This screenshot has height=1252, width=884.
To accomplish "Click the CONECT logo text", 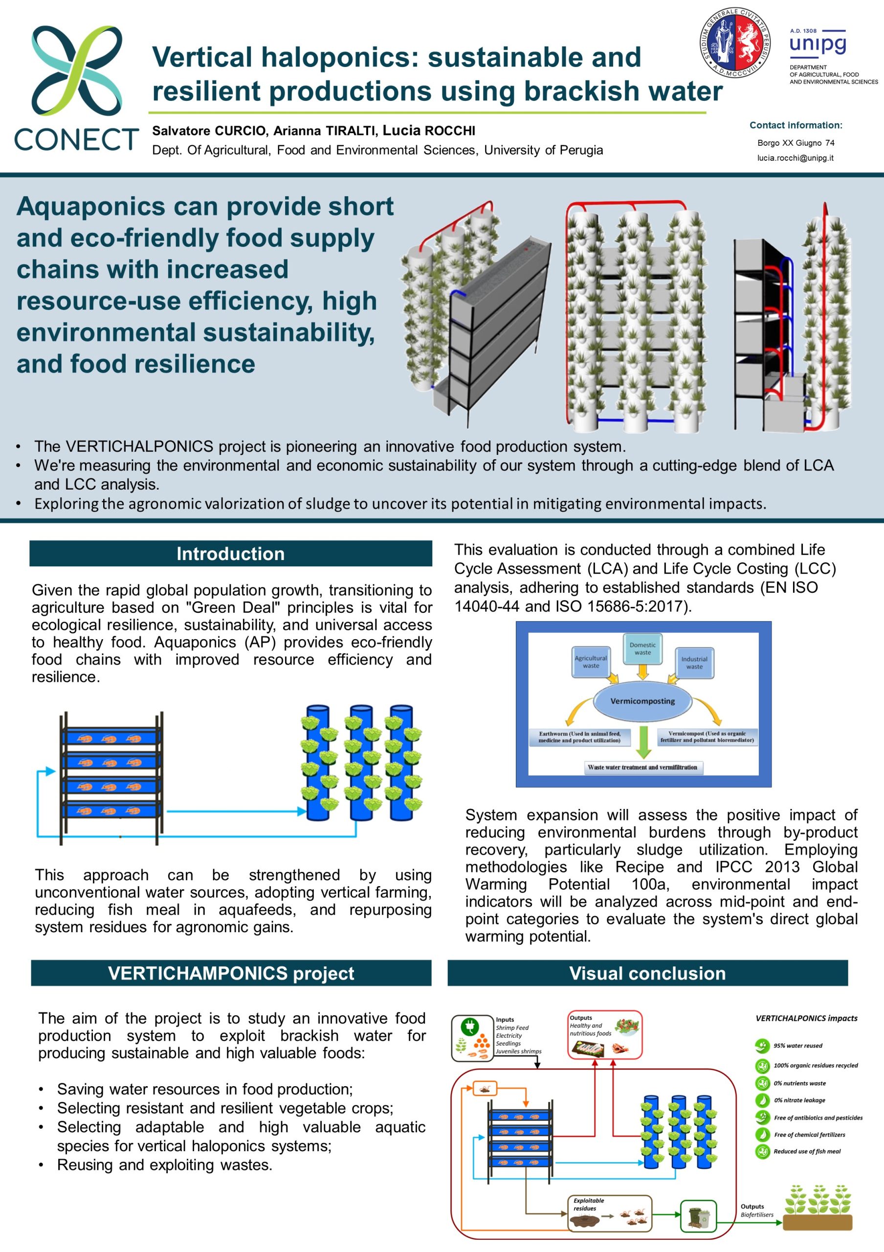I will pos(76,139).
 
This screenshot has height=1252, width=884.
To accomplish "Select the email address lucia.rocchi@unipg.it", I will pos(795,158).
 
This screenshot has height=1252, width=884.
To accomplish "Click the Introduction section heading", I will pos(231,554).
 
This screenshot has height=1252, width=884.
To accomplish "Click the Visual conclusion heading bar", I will pos(647,973).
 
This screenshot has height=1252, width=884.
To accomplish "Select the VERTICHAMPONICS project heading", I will pos(231,973).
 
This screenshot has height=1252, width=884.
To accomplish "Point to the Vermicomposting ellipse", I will pos(642,701).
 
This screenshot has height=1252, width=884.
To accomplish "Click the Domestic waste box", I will pos(642,649).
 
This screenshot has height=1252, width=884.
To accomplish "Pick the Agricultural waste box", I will pos(591,662).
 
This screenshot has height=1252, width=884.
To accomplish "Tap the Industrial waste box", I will pos(694,663).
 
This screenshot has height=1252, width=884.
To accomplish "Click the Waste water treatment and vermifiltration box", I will pos(642,767).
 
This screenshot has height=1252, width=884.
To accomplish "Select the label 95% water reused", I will pos(798,1046).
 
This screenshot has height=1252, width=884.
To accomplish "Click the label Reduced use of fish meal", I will pos(807,1152).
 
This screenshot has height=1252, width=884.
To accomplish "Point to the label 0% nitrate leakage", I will pos(799,1100).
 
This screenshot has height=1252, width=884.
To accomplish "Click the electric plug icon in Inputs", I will pos(469,1028).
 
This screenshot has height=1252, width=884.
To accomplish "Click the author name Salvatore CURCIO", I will pos(209,131).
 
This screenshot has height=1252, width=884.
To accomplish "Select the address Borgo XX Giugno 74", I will pos(796,143).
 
